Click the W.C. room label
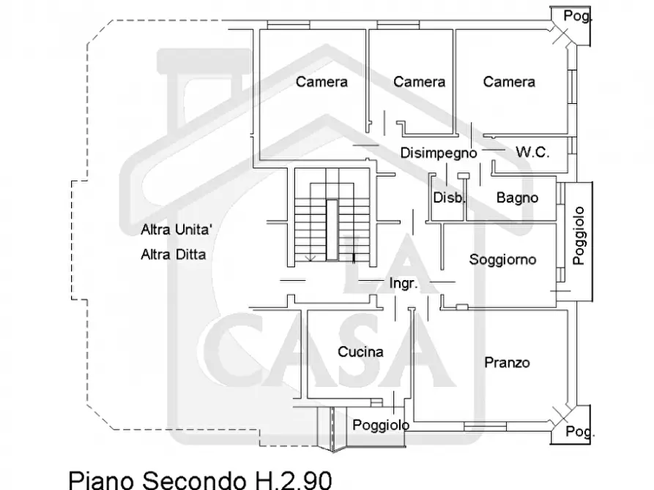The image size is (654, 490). coord(532,153)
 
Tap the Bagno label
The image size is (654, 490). coord(517,197)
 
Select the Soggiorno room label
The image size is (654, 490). coord(502,260)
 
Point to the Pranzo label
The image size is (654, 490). coord(507,363)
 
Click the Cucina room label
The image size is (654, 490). coord(360,352)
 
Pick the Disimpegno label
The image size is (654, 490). coord(439,153)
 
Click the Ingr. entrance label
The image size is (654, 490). coord(404,283)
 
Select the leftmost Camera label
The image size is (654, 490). coord(322,82)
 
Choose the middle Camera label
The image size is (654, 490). coord(419,82)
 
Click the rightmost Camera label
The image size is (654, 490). coord(509,82)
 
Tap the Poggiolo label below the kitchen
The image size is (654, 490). coord(381,426)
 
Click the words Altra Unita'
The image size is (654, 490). coord(176,230)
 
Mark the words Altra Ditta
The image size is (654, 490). coord(174,255)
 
